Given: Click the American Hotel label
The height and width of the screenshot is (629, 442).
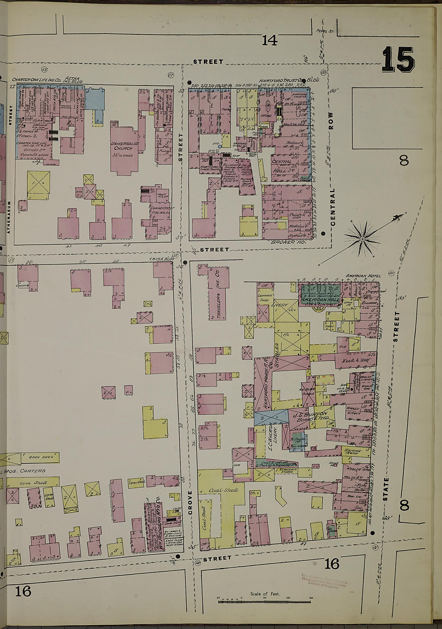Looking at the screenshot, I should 363,276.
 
